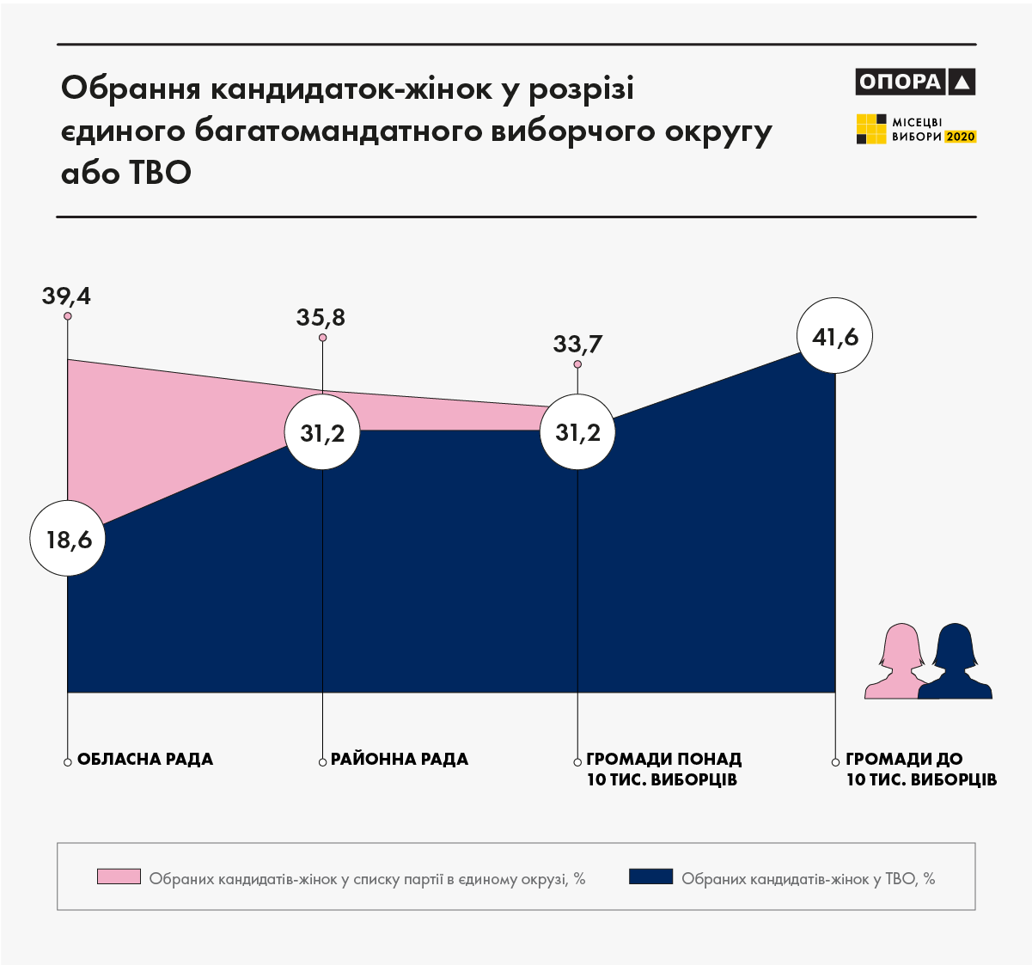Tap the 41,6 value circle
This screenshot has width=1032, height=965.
835,336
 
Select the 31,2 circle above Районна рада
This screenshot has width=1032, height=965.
322,433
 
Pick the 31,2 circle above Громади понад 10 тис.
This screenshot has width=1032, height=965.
577,432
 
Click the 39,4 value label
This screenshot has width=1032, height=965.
66,296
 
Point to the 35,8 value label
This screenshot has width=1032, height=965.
321,318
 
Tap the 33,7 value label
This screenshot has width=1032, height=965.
577,345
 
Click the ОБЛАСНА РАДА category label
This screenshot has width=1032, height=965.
145,760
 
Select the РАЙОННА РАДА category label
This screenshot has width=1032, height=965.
400,760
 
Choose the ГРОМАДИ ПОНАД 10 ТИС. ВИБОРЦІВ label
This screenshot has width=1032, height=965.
663,770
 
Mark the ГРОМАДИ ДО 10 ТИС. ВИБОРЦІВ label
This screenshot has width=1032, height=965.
920,770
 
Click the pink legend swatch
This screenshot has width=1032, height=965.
119,876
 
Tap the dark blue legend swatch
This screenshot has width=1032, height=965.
650,876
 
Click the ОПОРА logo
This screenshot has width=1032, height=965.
915,82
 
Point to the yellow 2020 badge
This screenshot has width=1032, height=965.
961,137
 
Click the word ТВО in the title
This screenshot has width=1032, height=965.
160,173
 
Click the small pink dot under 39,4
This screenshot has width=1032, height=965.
67,316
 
